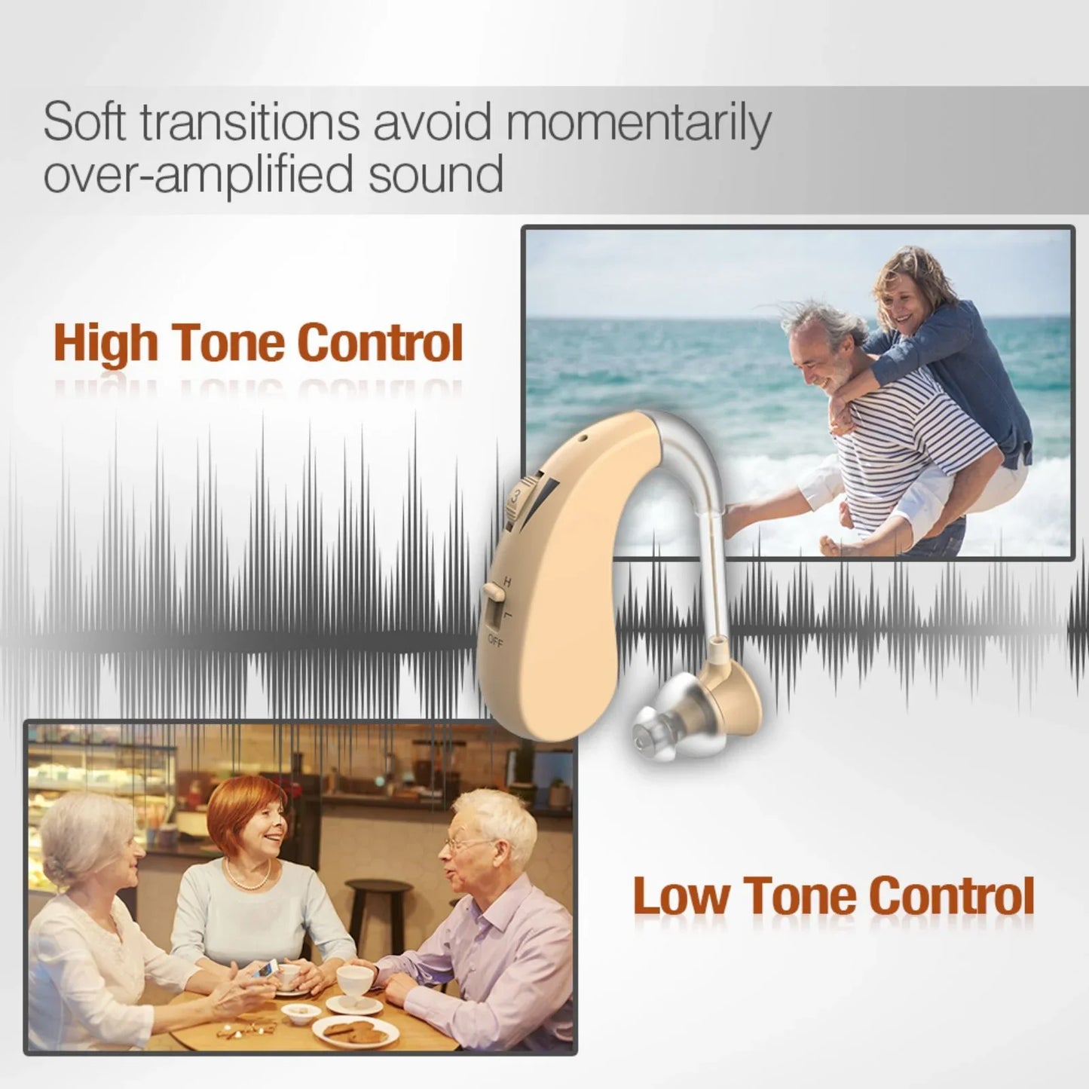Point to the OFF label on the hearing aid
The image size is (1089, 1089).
point(495,641)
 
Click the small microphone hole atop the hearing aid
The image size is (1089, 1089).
point(582,437)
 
